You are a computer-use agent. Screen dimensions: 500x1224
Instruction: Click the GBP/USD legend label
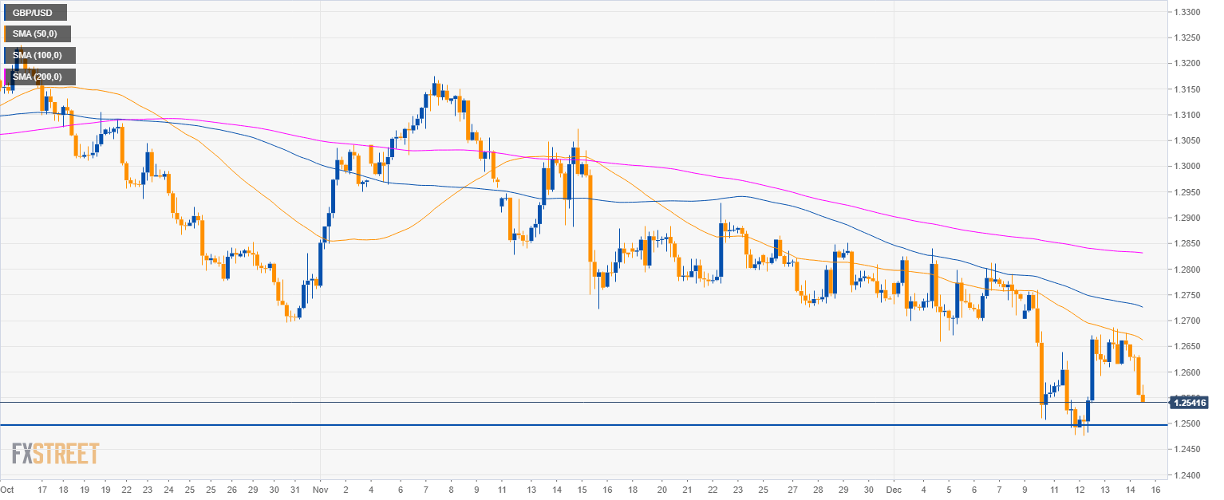point(35,12)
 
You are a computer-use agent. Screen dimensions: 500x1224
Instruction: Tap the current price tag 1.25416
point(1190,403)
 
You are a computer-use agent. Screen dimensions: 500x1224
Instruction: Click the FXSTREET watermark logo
point(55,454)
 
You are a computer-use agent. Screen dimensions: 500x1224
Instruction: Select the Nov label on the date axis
point(319,489)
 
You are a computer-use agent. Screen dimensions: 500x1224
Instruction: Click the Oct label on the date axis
point(7,489)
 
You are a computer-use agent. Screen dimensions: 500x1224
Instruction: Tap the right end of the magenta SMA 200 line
point(1142,253)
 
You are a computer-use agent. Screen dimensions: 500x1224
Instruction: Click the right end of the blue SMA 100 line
point(1142,307)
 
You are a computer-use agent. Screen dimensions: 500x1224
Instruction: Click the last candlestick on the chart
point(1143,396)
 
